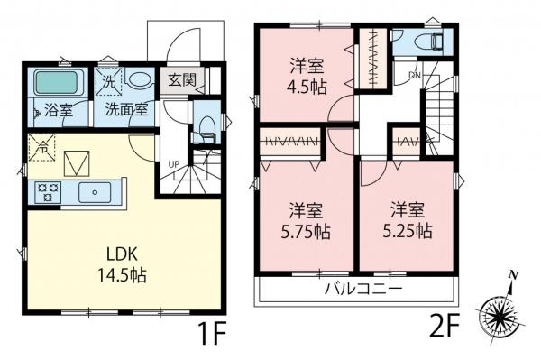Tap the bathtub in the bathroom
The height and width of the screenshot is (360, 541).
59,84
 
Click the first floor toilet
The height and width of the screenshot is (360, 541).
205,127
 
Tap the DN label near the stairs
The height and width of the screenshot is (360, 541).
414,74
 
